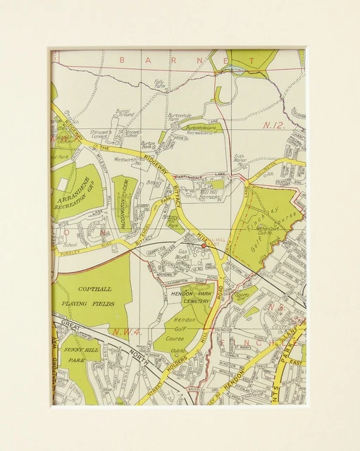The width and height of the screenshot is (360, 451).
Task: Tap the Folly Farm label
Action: [x=159, y=85]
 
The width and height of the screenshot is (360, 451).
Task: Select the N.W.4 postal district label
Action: [x=120, y=330]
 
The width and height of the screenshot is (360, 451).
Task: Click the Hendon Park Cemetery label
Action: [x=190, y=296]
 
